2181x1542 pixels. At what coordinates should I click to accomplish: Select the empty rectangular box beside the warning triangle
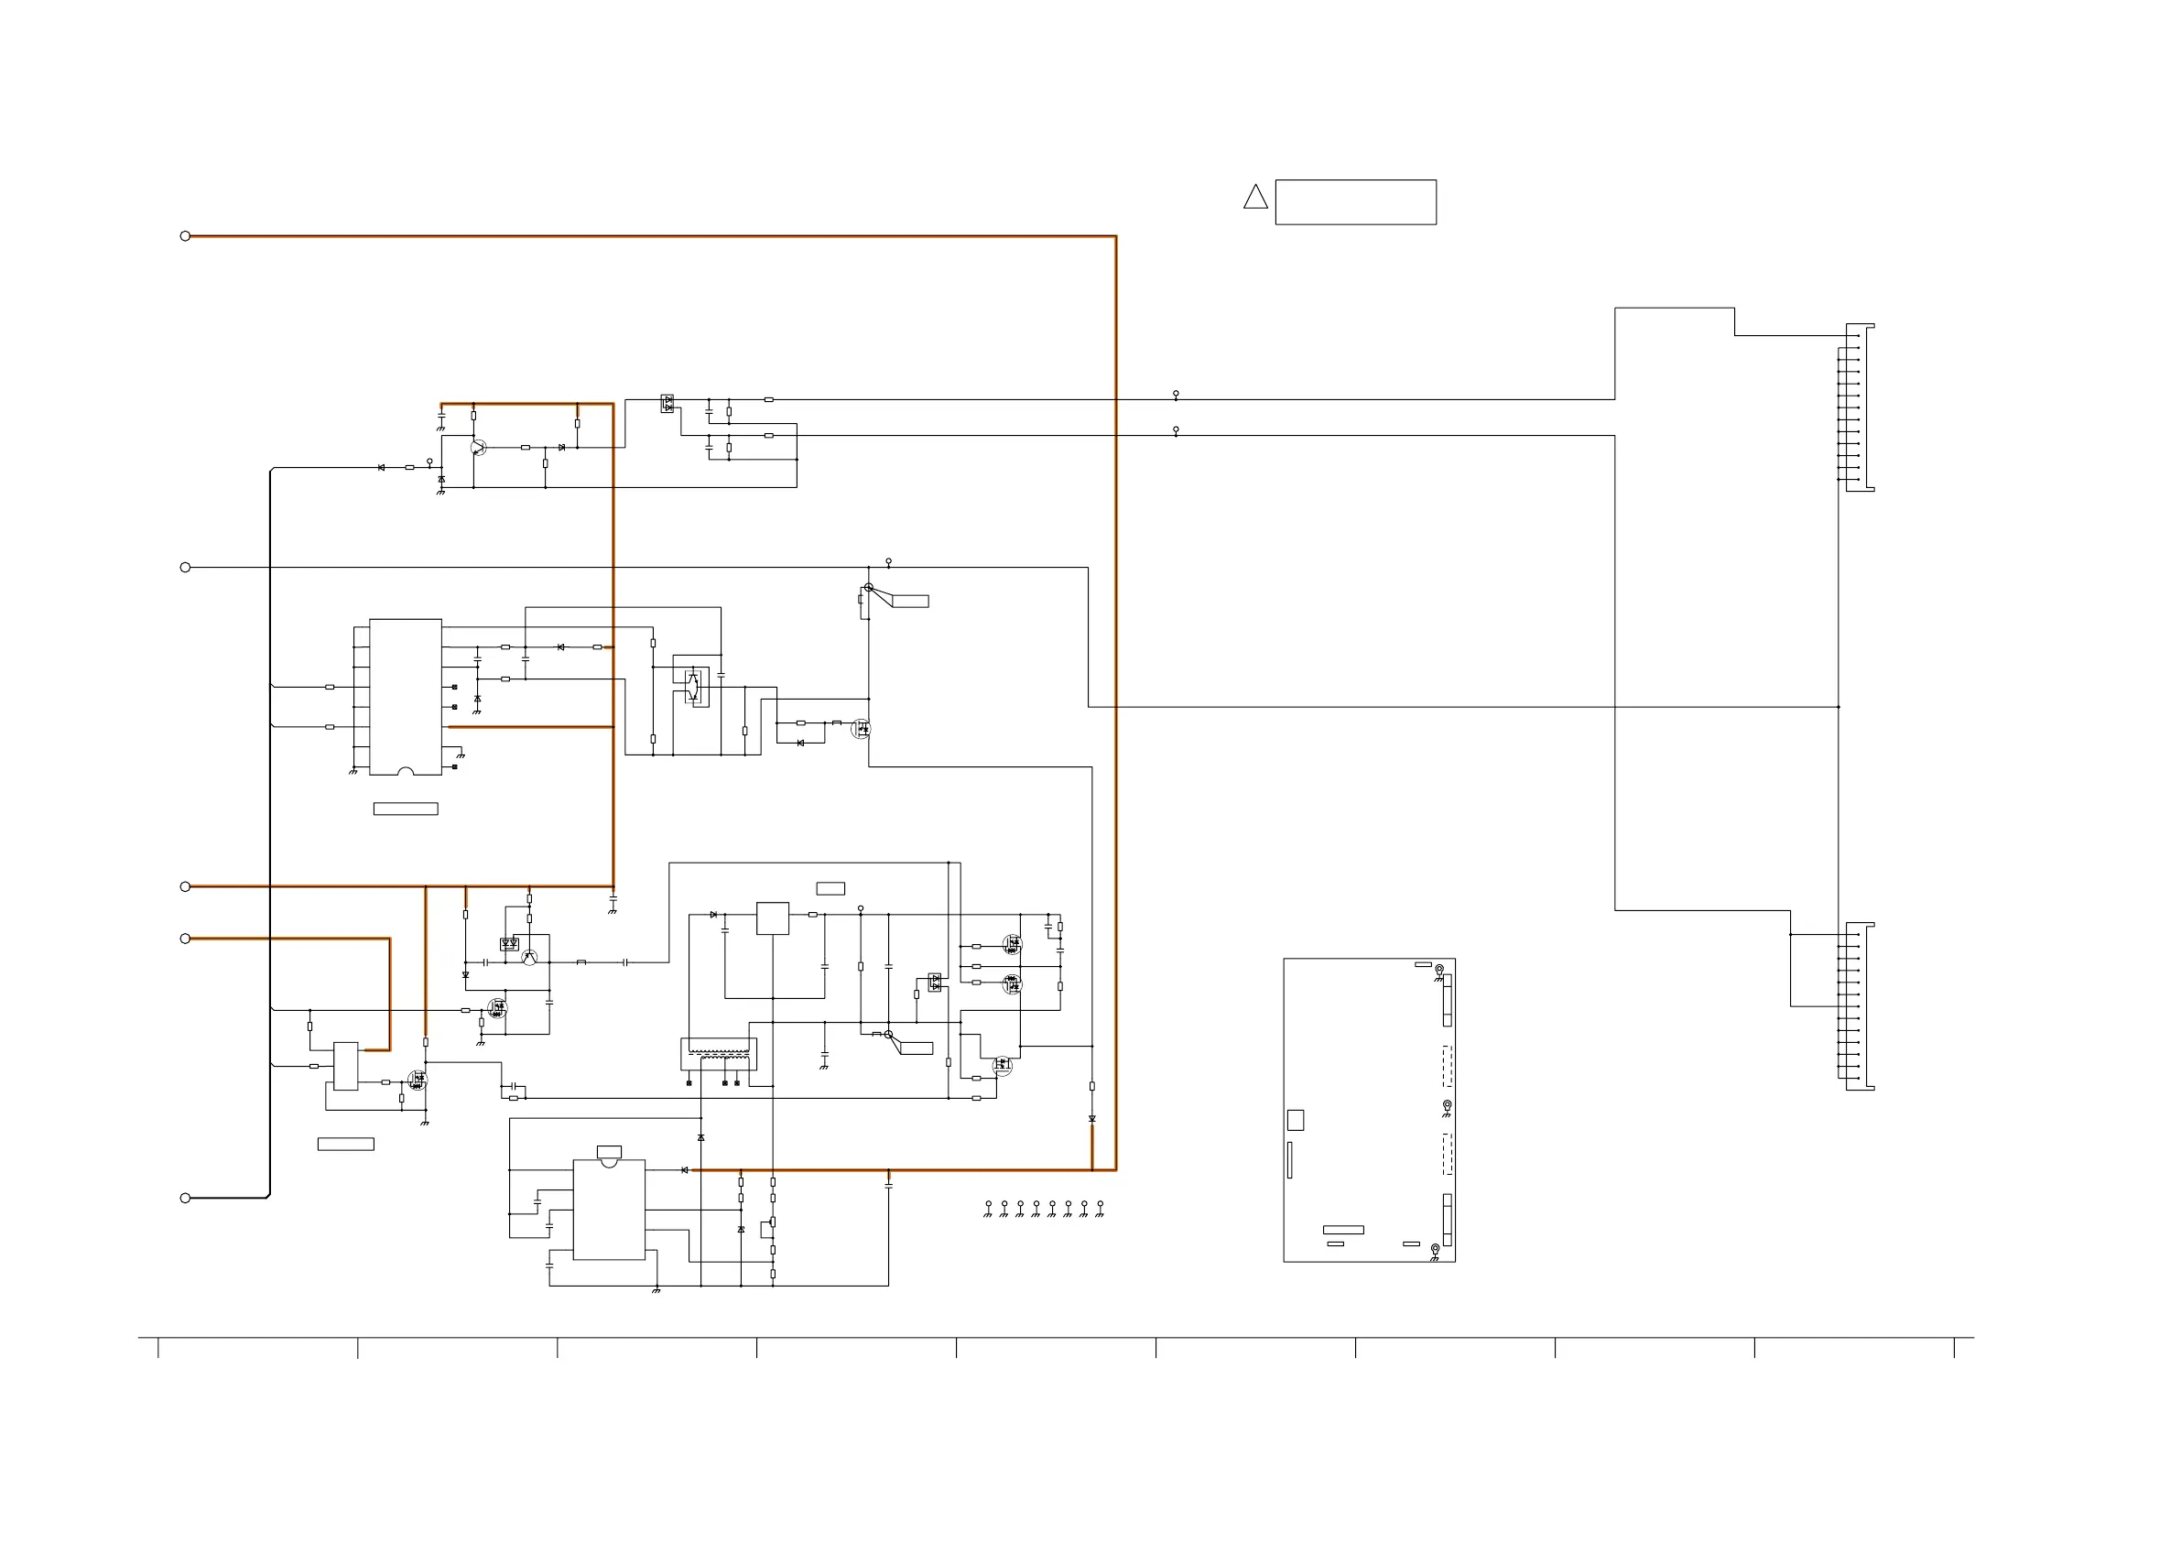point(1355,202)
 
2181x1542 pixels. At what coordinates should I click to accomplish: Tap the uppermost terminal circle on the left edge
point(185,235)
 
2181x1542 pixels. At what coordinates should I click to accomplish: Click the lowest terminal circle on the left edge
point(185,1198)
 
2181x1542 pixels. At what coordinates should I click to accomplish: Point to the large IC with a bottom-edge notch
point(406,697)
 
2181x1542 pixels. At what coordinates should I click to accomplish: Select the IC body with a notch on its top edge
point(609,1210)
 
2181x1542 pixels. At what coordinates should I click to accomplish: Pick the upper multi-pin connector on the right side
point(1859,407)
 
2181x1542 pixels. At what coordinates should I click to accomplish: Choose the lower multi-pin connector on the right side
point(1859,1006)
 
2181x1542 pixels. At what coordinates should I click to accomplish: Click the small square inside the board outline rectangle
point(1295,1120)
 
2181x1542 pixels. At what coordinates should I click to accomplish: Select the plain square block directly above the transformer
point(772,918)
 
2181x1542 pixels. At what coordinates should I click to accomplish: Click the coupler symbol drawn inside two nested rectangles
point(696,685)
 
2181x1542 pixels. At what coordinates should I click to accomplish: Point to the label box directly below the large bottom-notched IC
point(406,809)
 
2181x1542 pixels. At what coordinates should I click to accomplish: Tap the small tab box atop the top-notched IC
point(609,1152)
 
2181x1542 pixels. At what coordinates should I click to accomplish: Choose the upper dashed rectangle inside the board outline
point(1447,1066)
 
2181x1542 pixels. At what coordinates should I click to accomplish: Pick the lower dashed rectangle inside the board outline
point(1447,1155)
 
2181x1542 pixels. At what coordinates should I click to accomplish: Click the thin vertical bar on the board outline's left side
point(1289,1160)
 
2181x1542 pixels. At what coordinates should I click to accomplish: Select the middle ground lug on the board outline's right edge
point(1447,1107)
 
